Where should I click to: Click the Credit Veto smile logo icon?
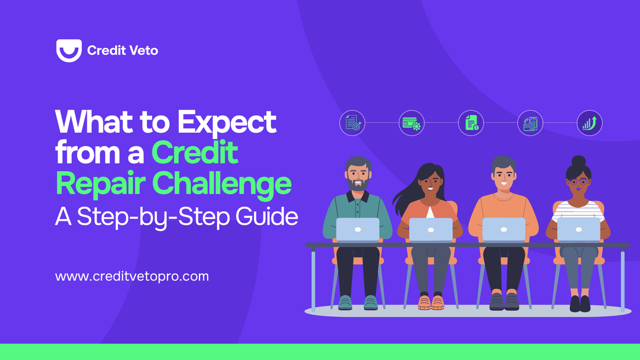(x=69, y=51)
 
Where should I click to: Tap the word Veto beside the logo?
(x=143, y=51)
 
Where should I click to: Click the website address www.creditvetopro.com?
(x=132, y=277)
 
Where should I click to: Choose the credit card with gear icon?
(x=411, y=123)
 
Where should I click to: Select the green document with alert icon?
(x=471, y=123)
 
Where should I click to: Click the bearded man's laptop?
(x=357, y=230)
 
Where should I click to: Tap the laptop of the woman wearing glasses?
(x=578, y=229)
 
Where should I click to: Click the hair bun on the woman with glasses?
(x=578, y=161)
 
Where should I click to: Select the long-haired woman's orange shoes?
(x=431, y=302)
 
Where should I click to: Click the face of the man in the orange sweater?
(x=503, y=176)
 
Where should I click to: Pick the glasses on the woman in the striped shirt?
(x=578, y=182)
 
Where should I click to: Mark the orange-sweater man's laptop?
(x=503, y=229)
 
